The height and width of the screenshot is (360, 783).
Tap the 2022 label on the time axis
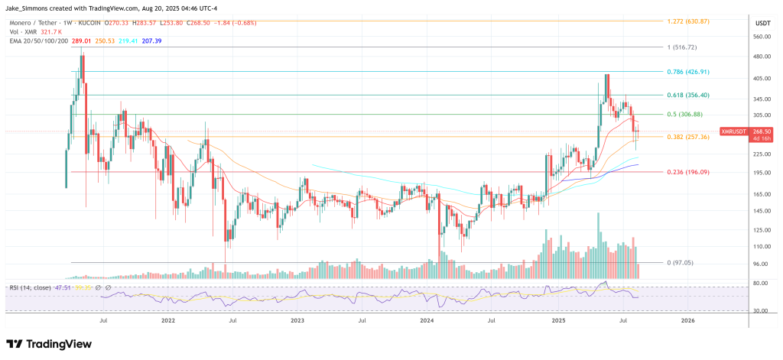pos(169,323)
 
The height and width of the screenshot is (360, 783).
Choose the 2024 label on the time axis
pos(429,323)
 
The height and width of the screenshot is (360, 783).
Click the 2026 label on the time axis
pos(687,323)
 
